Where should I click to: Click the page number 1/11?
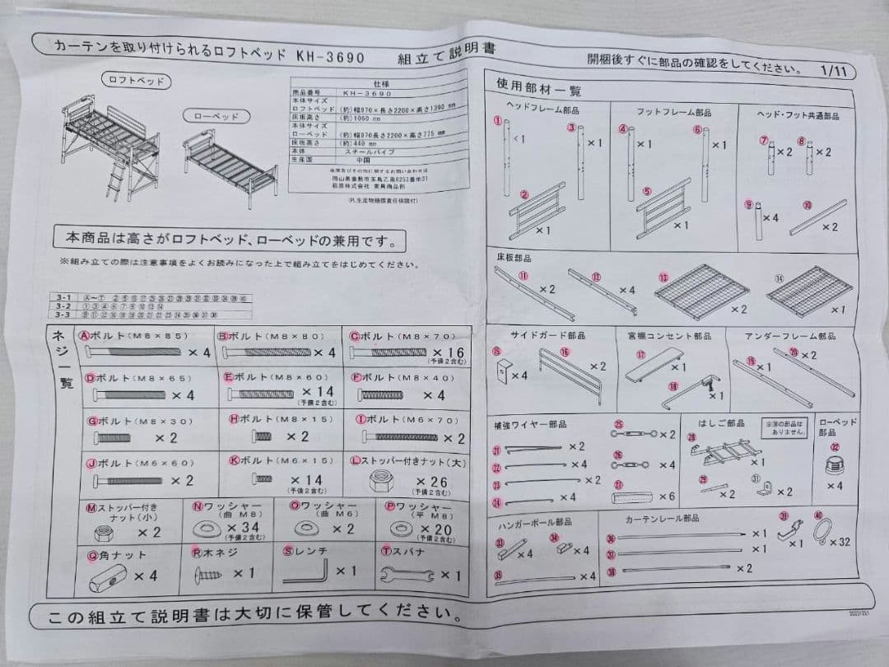pyautogui.click(x=835, y=71)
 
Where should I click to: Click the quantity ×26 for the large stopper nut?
pyautogui.click(x=431, y=482)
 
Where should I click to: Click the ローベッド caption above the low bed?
pyautogui.click(x=216, y=116)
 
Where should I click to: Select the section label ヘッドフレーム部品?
pyautogui.click(x=542, y=110)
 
